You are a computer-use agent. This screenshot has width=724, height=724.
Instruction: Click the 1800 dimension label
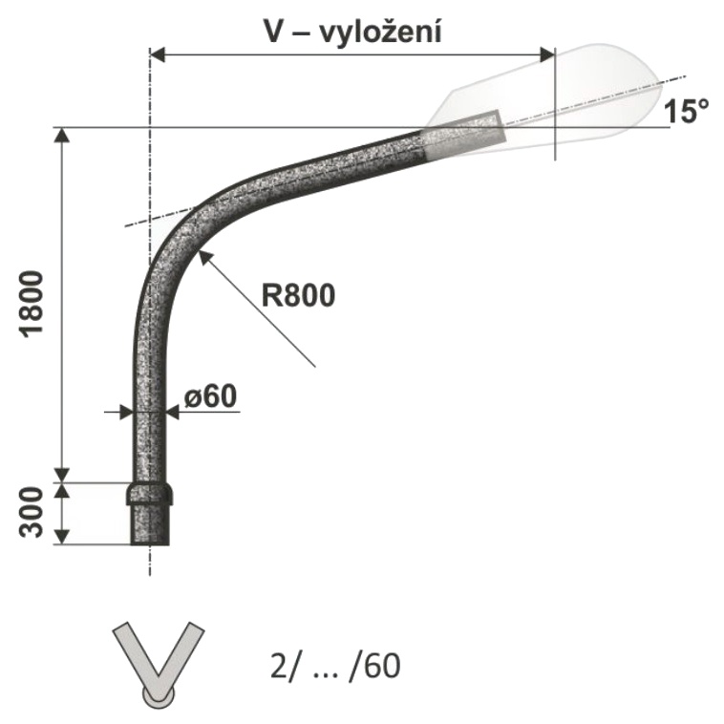pos(32,306)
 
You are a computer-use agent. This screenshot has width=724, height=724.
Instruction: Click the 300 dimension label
pos(32,512)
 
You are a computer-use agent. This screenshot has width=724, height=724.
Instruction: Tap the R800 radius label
pos(298,295)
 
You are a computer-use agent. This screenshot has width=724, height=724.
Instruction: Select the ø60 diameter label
pos(210,395)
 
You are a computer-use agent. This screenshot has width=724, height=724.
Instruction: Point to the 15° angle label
pos(686,112)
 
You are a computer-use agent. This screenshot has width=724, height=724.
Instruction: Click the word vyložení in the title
pos(380,32)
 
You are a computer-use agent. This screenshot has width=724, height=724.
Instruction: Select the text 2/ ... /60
pos(335,666)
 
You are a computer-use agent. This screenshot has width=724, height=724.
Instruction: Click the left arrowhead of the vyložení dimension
pos(158,55)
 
